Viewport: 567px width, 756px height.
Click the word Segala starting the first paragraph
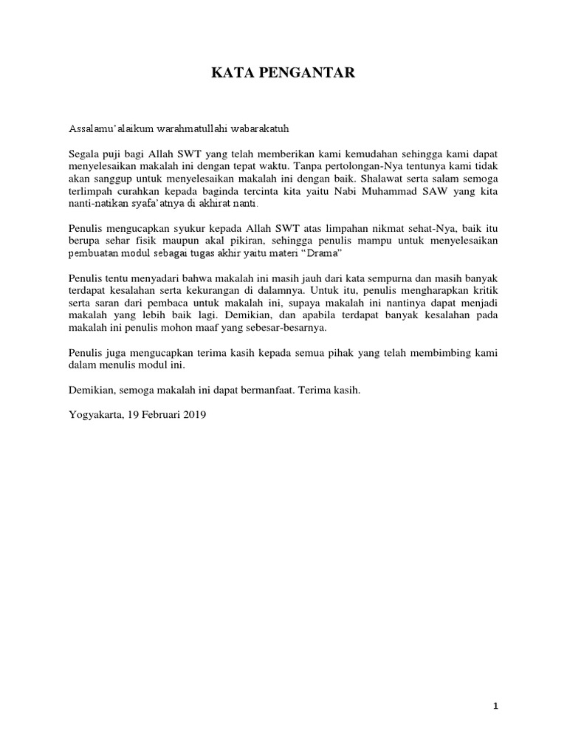coord(84,154)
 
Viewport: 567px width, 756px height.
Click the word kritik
coord(484,292)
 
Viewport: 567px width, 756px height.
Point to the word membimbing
coord(440,354)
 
